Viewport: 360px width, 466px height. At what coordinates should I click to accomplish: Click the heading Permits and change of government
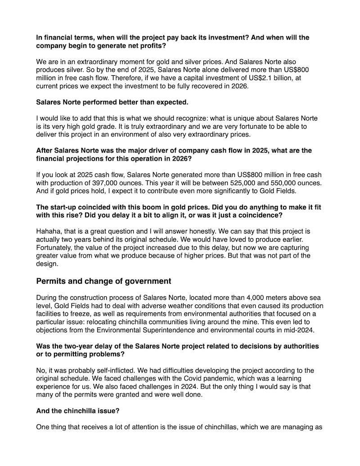point(103,281)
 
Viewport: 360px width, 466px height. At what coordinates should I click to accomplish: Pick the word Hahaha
point(48,231)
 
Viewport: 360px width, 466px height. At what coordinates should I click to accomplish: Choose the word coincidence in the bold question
point(260,215)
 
